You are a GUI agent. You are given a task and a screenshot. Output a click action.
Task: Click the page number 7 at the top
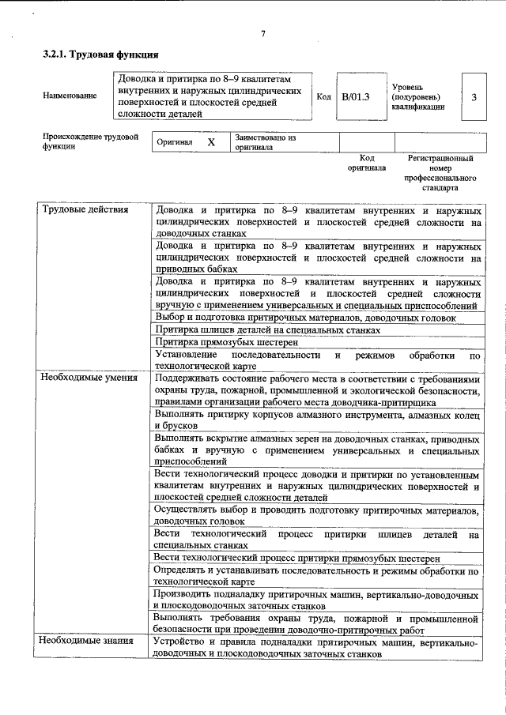[262, 33]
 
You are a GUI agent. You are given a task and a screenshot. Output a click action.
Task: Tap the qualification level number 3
[473, 97]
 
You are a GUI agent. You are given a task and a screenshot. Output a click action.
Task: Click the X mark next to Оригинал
[210, 142]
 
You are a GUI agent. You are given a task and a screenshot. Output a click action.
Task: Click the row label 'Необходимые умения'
[89, 378]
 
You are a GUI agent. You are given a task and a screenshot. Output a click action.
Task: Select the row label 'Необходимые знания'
[87, 641]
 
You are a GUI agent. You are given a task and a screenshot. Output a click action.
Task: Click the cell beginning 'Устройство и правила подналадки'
[316, 648]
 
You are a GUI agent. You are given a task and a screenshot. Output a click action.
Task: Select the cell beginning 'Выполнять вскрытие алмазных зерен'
[316, 450]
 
